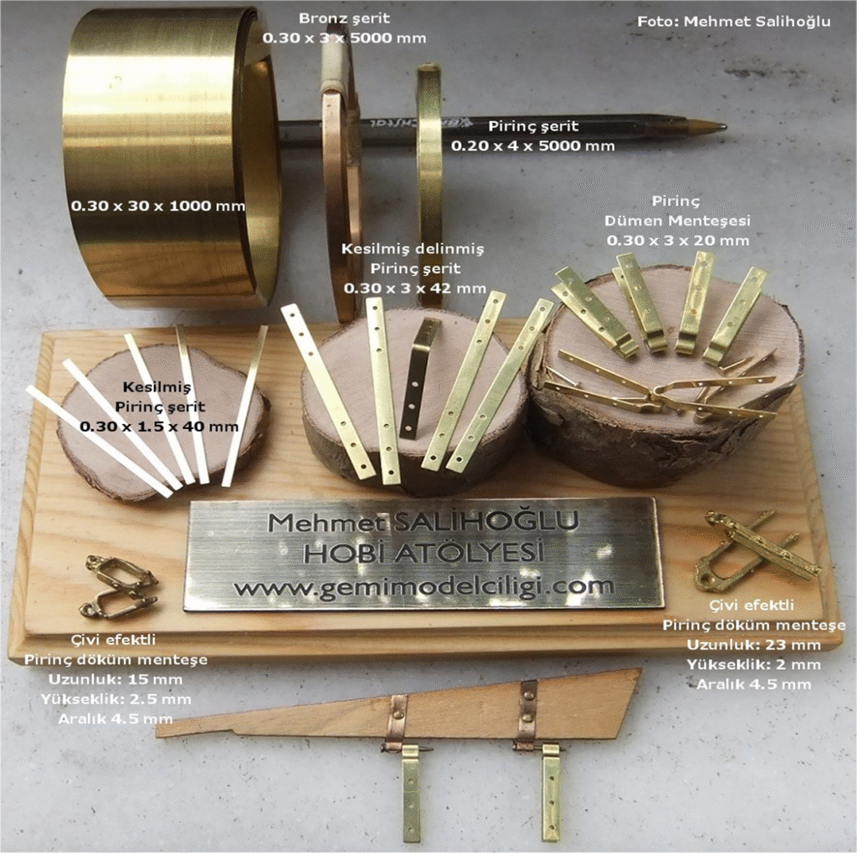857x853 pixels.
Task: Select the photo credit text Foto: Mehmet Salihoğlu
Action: click(x=734, y=21)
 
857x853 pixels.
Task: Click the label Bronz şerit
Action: click(x=344, y=18)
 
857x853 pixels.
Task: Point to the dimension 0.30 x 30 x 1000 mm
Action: click(x=158, y=206)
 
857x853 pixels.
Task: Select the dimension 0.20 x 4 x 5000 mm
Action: click(x=532, y=146)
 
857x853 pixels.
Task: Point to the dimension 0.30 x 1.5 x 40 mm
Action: click(x=159, y=426)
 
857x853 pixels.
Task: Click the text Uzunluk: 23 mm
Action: click(x=754, y=645)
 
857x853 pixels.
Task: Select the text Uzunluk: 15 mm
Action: click(x=115, y=680)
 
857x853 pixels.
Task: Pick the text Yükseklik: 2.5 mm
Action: click(x=115, y=699)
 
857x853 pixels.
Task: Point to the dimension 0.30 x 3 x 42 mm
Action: click(x=415, y=288)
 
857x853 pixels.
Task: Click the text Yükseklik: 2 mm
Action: click(x=754, y=665)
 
